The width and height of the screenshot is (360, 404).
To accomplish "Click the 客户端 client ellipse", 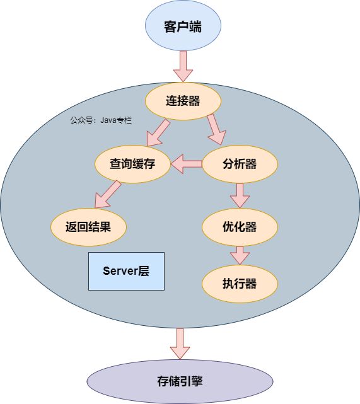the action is click(183, 26).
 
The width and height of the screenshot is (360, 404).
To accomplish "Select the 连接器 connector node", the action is click(183, 101).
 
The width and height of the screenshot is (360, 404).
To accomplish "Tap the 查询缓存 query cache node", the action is click(132, 164).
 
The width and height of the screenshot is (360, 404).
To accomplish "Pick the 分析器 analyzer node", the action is click(240, 164).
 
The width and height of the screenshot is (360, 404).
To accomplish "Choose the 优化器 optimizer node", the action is click(240, 227).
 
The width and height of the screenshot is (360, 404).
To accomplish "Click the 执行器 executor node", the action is click(240, 284).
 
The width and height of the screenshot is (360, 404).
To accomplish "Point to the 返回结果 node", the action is click(88, 227).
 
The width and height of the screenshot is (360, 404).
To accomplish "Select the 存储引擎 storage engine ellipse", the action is click(180, 381).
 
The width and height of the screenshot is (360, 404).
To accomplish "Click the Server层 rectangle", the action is click(126, 271).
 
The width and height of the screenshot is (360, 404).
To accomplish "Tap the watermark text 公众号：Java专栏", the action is click(101, 120).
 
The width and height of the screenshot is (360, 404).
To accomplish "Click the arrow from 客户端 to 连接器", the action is click(183, 66).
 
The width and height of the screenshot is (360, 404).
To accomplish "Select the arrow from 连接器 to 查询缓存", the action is click(158, 132).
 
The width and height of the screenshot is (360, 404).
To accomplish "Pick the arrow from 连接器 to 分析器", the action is click(216, 129).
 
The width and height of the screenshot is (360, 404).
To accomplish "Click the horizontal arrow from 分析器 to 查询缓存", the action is click(187, 164).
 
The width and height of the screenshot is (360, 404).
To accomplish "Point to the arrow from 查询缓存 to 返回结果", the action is click(108, 194).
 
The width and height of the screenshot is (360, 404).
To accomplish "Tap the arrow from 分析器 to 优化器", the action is click(240, 195).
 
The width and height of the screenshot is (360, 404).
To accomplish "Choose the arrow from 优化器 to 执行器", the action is click(240, 255).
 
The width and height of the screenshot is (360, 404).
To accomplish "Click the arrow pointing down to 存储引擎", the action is click(180, 343).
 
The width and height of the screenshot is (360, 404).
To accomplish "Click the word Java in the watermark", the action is click(108, 120).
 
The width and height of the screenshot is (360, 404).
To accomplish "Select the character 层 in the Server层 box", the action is click(144, 271).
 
